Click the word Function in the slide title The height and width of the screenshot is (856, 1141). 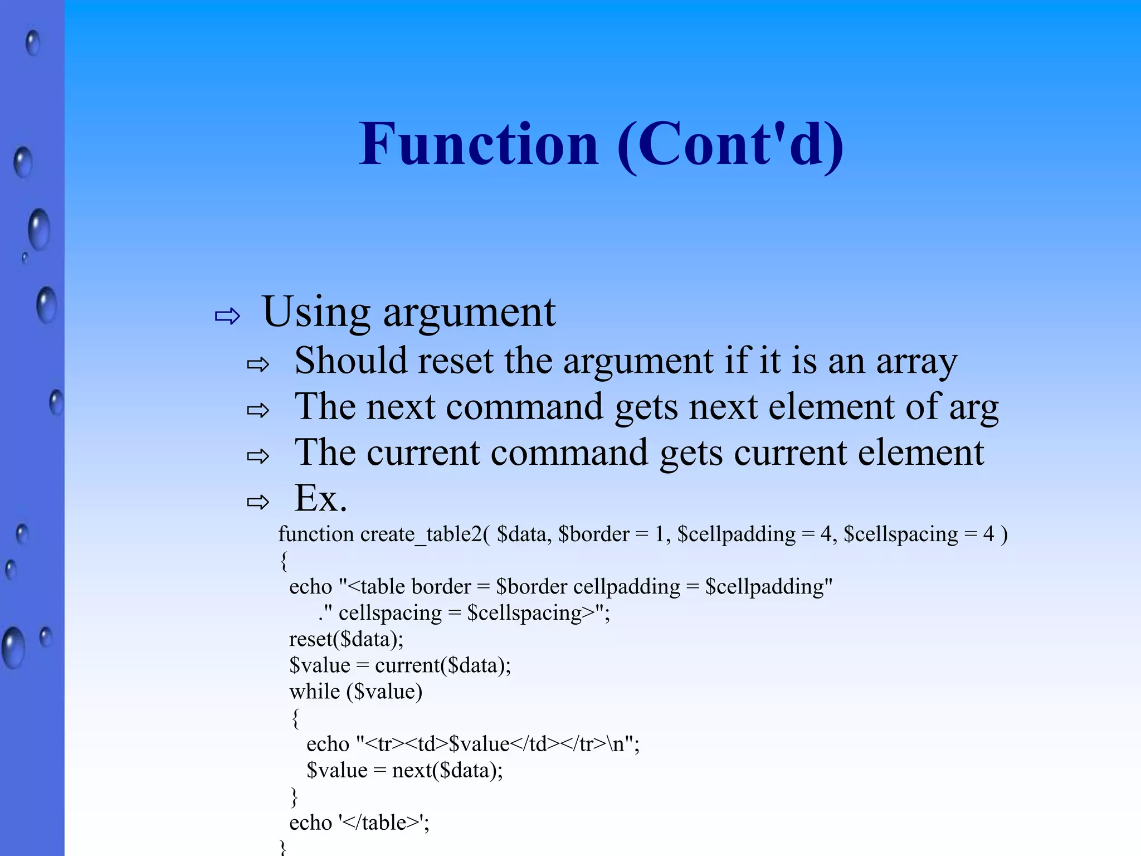click(x=479, y=145)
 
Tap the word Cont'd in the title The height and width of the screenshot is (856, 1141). click(x=730, y=145)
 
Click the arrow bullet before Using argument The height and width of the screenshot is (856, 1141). click(x=227, y=317)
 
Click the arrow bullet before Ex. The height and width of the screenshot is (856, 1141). click(x=258, y=502)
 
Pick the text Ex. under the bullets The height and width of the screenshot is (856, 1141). click(x=320, y=498)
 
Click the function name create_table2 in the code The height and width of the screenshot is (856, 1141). click(x=421, y=534)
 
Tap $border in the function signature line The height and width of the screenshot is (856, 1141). click(x=594, y=534)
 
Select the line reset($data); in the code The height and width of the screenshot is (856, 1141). click(x=346, y=639)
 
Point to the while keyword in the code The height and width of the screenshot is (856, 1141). click(x=315, y=692)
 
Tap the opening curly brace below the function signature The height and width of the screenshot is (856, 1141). click(x=284, y=561)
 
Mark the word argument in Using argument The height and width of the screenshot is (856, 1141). click(x=469, y=312)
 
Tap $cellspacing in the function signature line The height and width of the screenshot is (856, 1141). click(x=901, y=534)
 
